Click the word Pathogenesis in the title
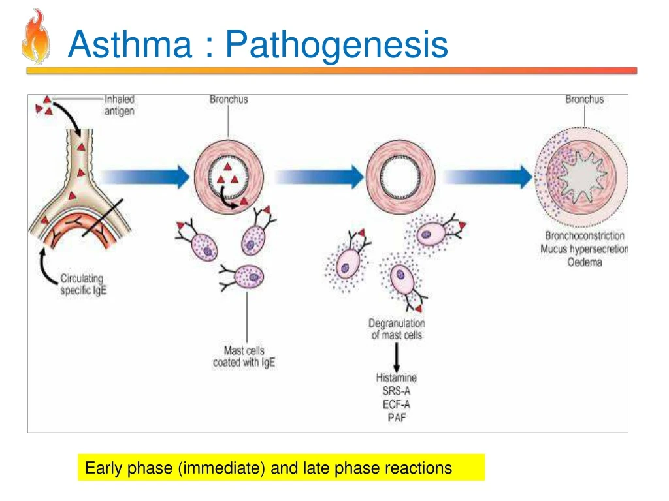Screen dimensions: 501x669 (336, 45)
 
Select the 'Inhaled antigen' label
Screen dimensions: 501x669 (119, 105)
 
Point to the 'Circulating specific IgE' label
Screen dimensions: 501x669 (82, 284)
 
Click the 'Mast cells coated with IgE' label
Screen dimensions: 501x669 (244, 356)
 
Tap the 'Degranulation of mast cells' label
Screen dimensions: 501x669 (397, 329)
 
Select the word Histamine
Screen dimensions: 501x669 (397, 378)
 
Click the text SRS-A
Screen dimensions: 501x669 (397, 391)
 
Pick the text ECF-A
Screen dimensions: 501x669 (397, 404)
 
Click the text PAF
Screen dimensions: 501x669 (397, 417)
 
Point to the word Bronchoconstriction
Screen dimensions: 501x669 (585, 235)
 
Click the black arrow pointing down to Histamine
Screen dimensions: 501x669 (397, 356)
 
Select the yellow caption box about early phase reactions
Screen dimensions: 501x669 (281, 468)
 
